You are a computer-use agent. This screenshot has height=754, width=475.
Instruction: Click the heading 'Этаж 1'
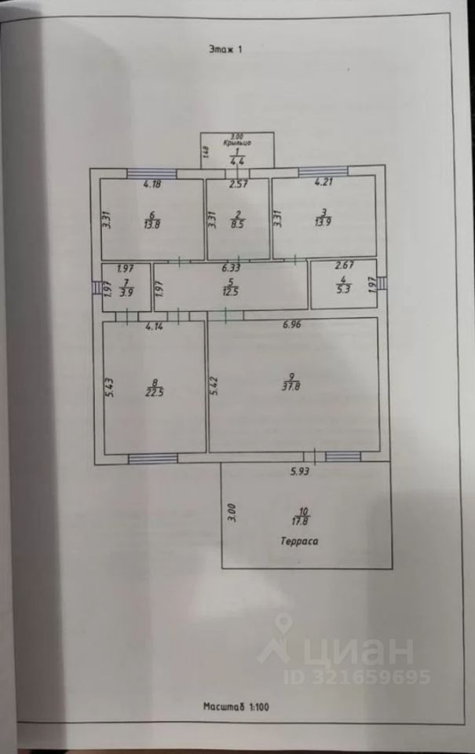225,49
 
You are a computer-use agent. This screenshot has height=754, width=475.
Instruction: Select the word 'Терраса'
301,541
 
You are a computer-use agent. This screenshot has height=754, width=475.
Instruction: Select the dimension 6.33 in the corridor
229,268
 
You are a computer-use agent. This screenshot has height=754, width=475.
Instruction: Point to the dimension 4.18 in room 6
152,185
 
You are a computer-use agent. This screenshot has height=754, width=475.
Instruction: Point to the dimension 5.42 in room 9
214,387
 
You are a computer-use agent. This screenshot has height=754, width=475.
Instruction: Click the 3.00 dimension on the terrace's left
232,513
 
